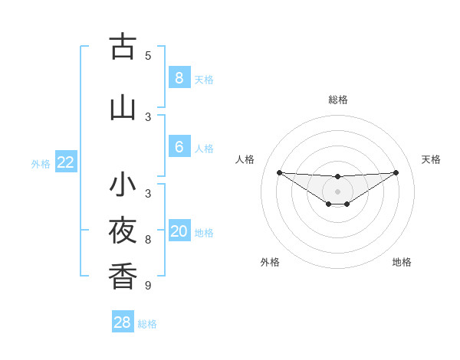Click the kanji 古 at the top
point(123,47)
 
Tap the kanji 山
point(123,108)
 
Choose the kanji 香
point(123,275)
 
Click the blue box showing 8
point(179,78)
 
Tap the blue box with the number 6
point(179,147)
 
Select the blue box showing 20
point(179,231)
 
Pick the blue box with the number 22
point(65,162)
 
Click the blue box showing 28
point(122,322)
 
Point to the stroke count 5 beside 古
point(148,55)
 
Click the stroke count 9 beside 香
point(148,286)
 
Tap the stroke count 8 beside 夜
point(148,240)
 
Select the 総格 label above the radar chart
point(338,100)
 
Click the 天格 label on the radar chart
point(431,159)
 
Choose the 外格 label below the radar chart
point(270,262)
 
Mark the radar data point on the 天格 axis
point(396,172)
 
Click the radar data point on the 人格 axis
point(279,172)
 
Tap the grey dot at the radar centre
point(338,191)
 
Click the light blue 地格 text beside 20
point(204,232)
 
